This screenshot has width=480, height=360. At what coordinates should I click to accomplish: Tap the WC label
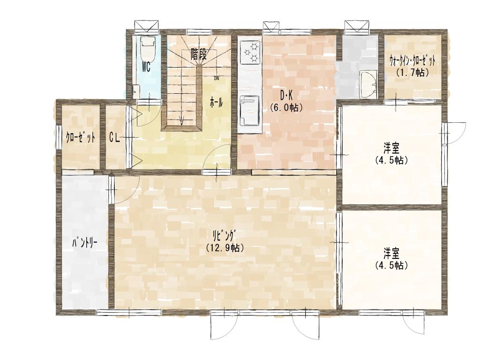coord(146,67)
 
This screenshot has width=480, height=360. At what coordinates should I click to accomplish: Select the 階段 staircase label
coord(199,54)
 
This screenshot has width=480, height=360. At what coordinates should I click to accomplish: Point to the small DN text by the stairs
coord(217,78)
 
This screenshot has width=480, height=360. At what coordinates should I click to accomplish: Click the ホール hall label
coord(216,103)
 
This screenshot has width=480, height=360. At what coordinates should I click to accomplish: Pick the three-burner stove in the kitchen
coord(250,52)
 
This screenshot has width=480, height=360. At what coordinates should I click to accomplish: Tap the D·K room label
coord(286,96)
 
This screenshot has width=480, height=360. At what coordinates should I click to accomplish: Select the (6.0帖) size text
coord(286,107)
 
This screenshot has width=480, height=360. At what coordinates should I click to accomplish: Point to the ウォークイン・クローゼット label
coord(412,61)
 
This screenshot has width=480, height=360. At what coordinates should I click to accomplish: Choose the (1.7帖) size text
coord(412,73)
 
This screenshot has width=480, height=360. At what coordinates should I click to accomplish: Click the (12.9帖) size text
coord(225,247)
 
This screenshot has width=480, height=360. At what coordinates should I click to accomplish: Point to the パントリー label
coord(85,243)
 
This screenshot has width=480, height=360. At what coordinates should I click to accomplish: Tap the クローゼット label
coord(81,138)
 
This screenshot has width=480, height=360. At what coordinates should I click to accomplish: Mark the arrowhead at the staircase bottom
coord(182,122)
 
